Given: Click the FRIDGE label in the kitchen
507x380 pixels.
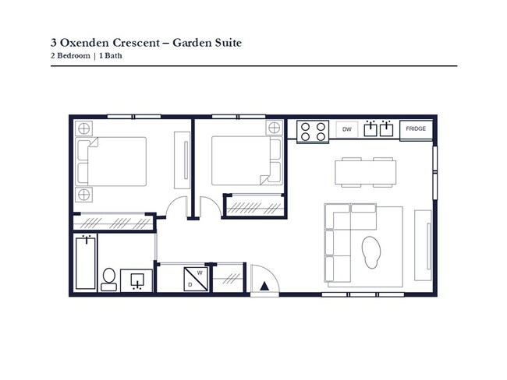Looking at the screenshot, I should (x=416, y=129).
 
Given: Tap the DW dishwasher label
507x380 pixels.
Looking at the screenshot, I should (x=347, y=129).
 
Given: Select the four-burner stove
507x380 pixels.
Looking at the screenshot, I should (x=314, y=130).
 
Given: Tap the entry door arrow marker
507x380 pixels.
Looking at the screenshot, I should (x=264, y=286).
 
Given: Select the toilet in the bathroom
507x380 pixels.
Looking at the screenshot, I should (x=109, y=279).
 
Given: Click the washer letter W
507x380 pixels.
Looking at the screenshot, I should (x=200, y=273).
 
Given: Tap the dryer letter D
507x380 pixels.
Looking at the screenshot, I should (x=190, y=285).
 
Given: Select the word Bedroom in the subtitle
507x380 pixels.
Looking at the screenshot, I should (x=73, y=56).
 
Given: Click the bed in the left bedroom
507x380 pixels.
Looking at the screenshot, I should (x=114, y=160).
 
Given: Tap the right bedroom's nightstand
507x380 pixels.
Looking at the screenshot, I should (x=273, y=128).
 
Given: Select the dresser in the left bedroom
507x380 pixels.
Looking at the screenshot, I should (x=185, y=160).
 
